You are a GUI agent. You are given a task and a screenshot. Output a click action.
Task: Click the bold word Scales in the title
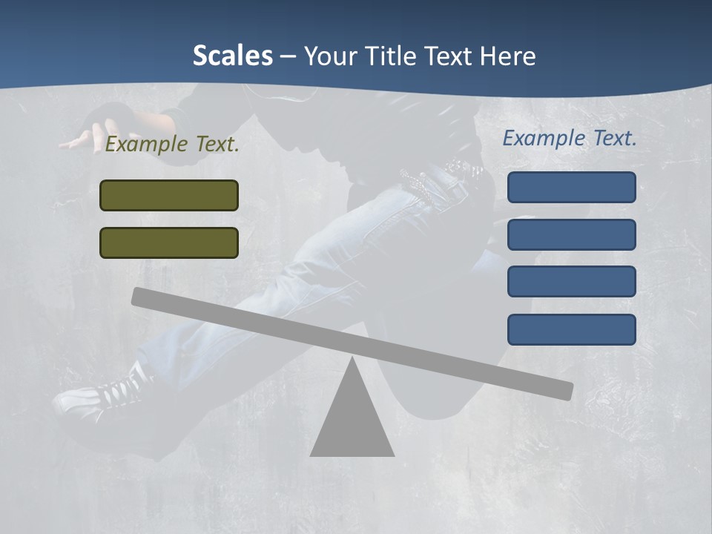[232, 56]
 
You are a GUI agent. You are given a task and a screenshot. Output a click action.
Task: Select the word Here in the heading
[507, 56]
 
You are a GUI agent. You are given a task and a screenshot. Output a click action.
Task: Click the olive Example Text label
[172, 145]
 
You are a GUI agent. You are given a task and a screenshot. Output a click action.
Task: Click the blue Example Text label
[570, 138]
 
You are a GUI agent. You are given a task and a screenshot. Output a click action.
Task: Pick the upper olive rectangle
[169, 195]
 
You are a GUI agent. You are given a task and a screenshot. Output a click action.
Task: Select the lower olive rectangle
[169, 243]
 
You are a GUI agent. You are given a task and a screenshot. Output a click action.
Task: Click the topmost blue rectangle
[571, 187]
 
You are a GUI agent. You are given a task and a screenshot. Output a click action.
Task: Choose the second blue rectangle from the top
[571, 234]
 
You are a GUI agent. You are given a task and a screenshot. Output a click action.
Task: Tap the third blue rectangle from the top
[571, 281]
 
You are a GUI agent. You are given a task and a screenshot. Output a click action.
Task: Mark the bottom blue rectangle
[571, 329]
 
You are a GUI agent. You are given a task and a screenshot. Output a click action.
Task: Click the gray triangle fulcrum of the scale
[352, 423]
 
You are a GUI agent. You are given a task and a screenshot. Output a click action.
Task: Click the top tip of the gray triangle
[353, 359]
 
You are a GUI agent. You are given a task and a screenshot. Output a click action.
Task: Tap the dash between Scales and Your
[289, 56]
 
